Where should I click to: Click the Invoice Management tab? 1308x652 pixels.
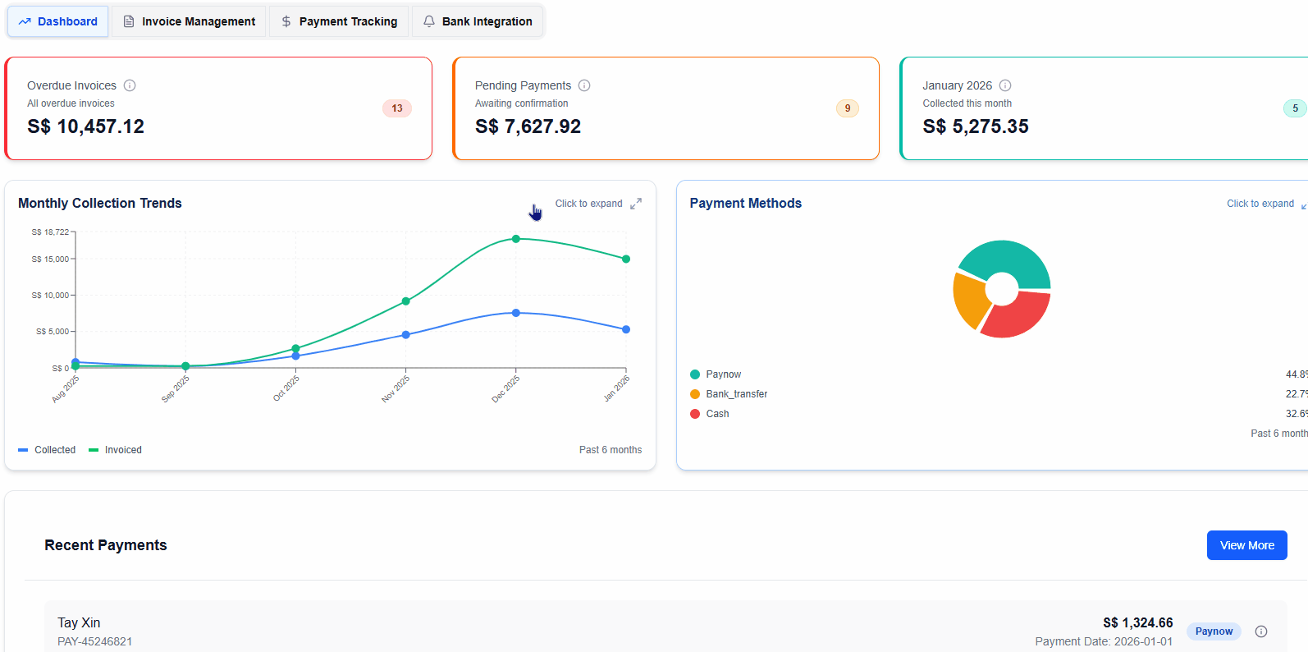coord(190,21)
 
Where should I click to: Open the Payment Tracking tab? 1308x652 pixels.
coord(339,21)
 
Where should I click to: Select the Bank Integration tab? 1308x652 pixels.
coord(478,21)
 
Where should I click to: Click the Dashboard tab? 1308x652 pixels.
coord(58,21)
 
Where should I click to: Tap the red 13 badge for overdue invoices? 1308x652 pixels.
coord(397,108)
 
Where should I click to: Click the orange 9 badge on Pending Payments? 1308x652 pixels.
coord(848,108)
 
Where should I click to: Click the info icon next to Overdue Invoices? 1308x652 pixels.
coord(130,85)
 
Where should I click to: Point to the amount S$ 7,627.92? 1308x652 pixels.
coord(528,126)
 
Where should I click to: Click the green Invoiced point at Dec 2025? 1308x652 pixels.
coord(516,239)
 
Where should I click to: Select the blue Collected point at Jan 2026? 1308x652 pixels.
coord(626,329)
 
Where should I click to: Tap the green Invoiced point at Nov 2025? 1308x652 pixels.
coord(406,301)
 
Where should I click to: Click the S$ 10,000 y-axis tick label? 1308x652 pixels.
coord(50,296)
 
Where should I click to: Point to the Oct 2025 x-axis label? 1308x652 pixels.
coord(286,388)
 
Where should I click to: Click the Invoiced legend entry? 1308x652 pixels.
coord(116,450)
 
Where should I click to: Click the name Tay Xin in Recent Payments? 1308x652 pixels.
coord(79,622)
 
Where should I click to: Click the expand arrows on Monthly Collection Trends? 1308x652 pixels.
coord(636,204)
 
